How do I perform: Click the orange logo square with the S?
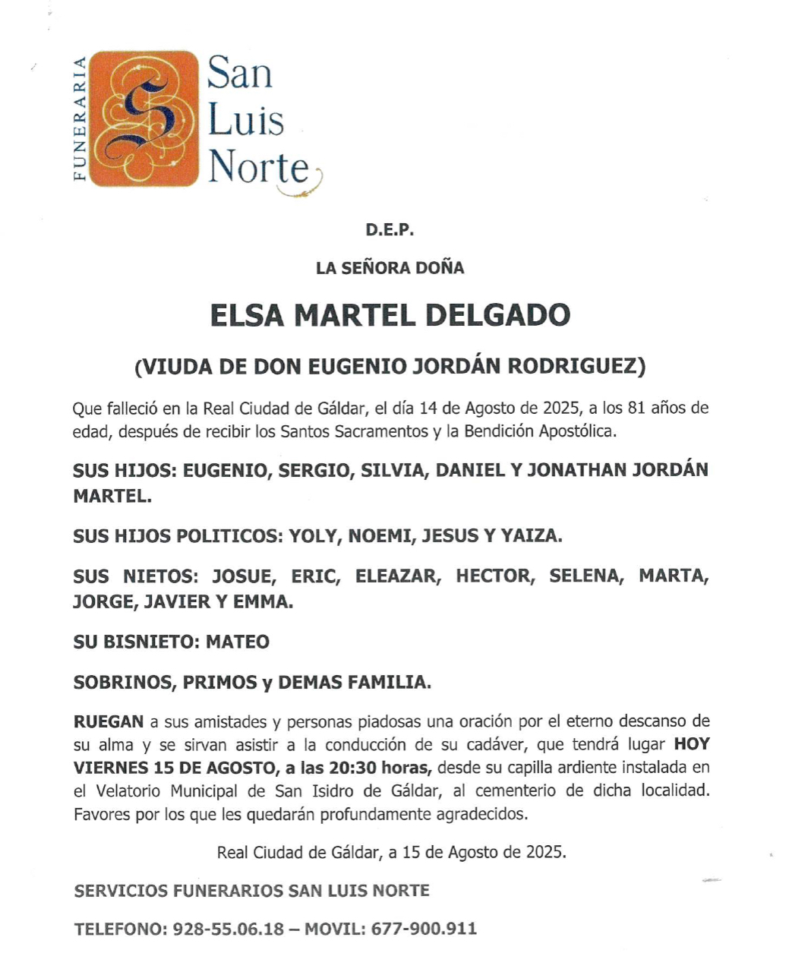144,118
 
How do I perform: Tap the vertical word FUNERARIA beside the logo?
79,118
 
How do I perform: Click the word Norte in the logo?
259,166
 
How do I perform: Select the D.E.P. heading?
390,229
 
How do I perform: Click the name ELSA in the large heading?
246,315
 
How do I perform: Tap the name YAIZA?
532,536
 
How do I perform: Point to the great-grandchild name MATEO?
238,642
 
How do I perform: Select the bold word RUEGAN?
108,721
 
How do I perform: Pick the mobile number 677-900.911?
424,929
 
